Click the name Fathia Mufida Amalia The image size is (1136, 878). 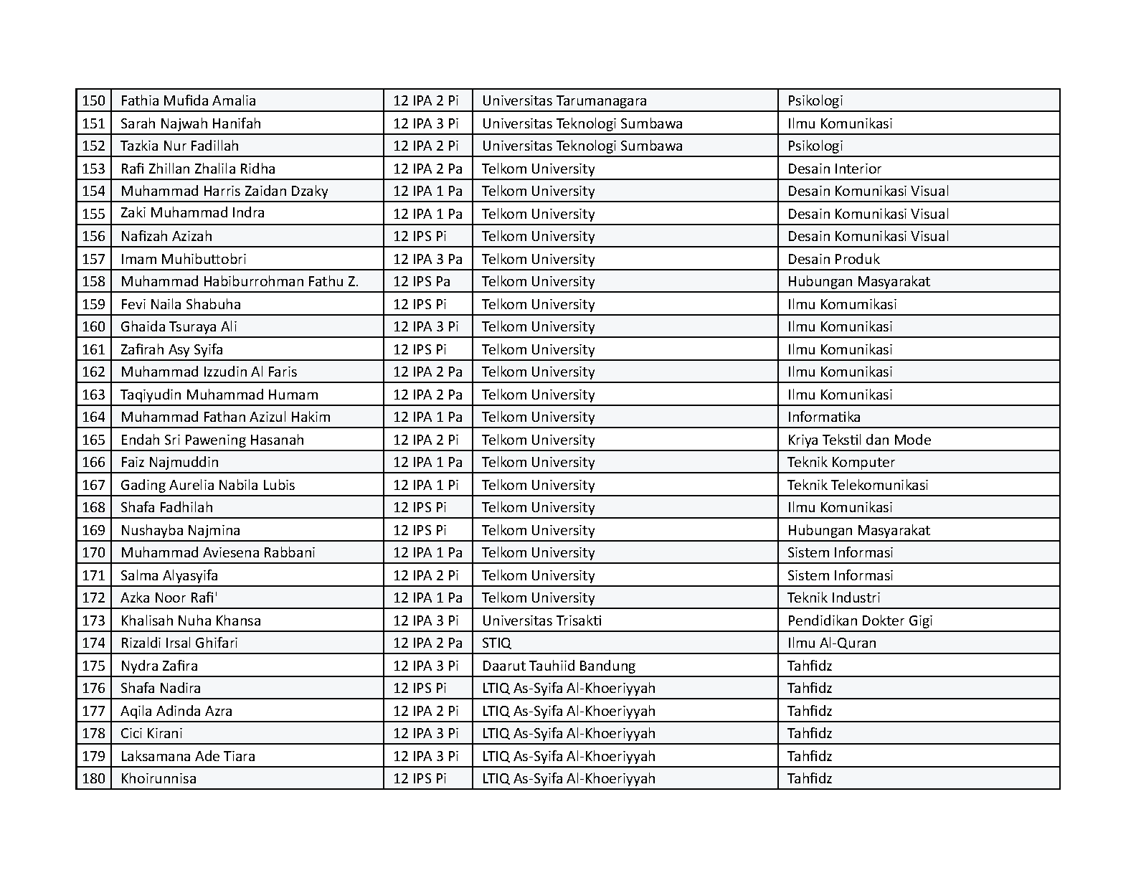click(188, 101)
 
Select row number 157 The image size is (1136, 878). click(93, 259)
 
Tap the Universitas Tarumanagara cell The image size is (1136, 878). click(564, 101)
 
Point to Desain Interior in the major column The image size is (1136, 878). click(834, 169)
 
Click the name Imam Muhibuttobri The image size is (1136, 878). click(183, 259)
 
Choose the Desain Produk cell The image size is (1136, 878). click(833, 259)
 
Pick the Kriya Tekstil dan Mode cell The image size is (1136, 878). click(859, 440)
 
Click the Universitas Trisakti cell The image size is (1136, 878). click(541, 620)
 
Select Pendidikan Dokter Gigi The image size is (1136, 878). click(860, 620)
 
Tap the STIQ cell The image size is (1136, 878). click(496, 643)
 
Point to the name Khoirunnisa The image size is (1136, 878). click(158, 778)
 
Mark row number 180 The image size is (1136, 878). click(93, 778)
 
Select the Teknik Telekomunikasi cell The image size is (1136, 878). click(858, 485)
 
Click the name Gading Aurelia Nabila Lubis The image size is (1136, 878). click(207, 485)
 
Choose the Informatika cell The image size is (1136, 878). click(823, 417)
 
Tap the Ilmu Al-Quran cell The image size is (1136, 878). click(831, 643)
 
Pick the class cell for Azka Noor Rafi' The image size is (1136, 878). click(427, 598)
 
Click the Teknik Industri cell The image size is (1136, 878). click(833, 598)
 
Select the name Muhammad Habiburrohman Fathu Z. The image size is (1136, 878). click(239, 282)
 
